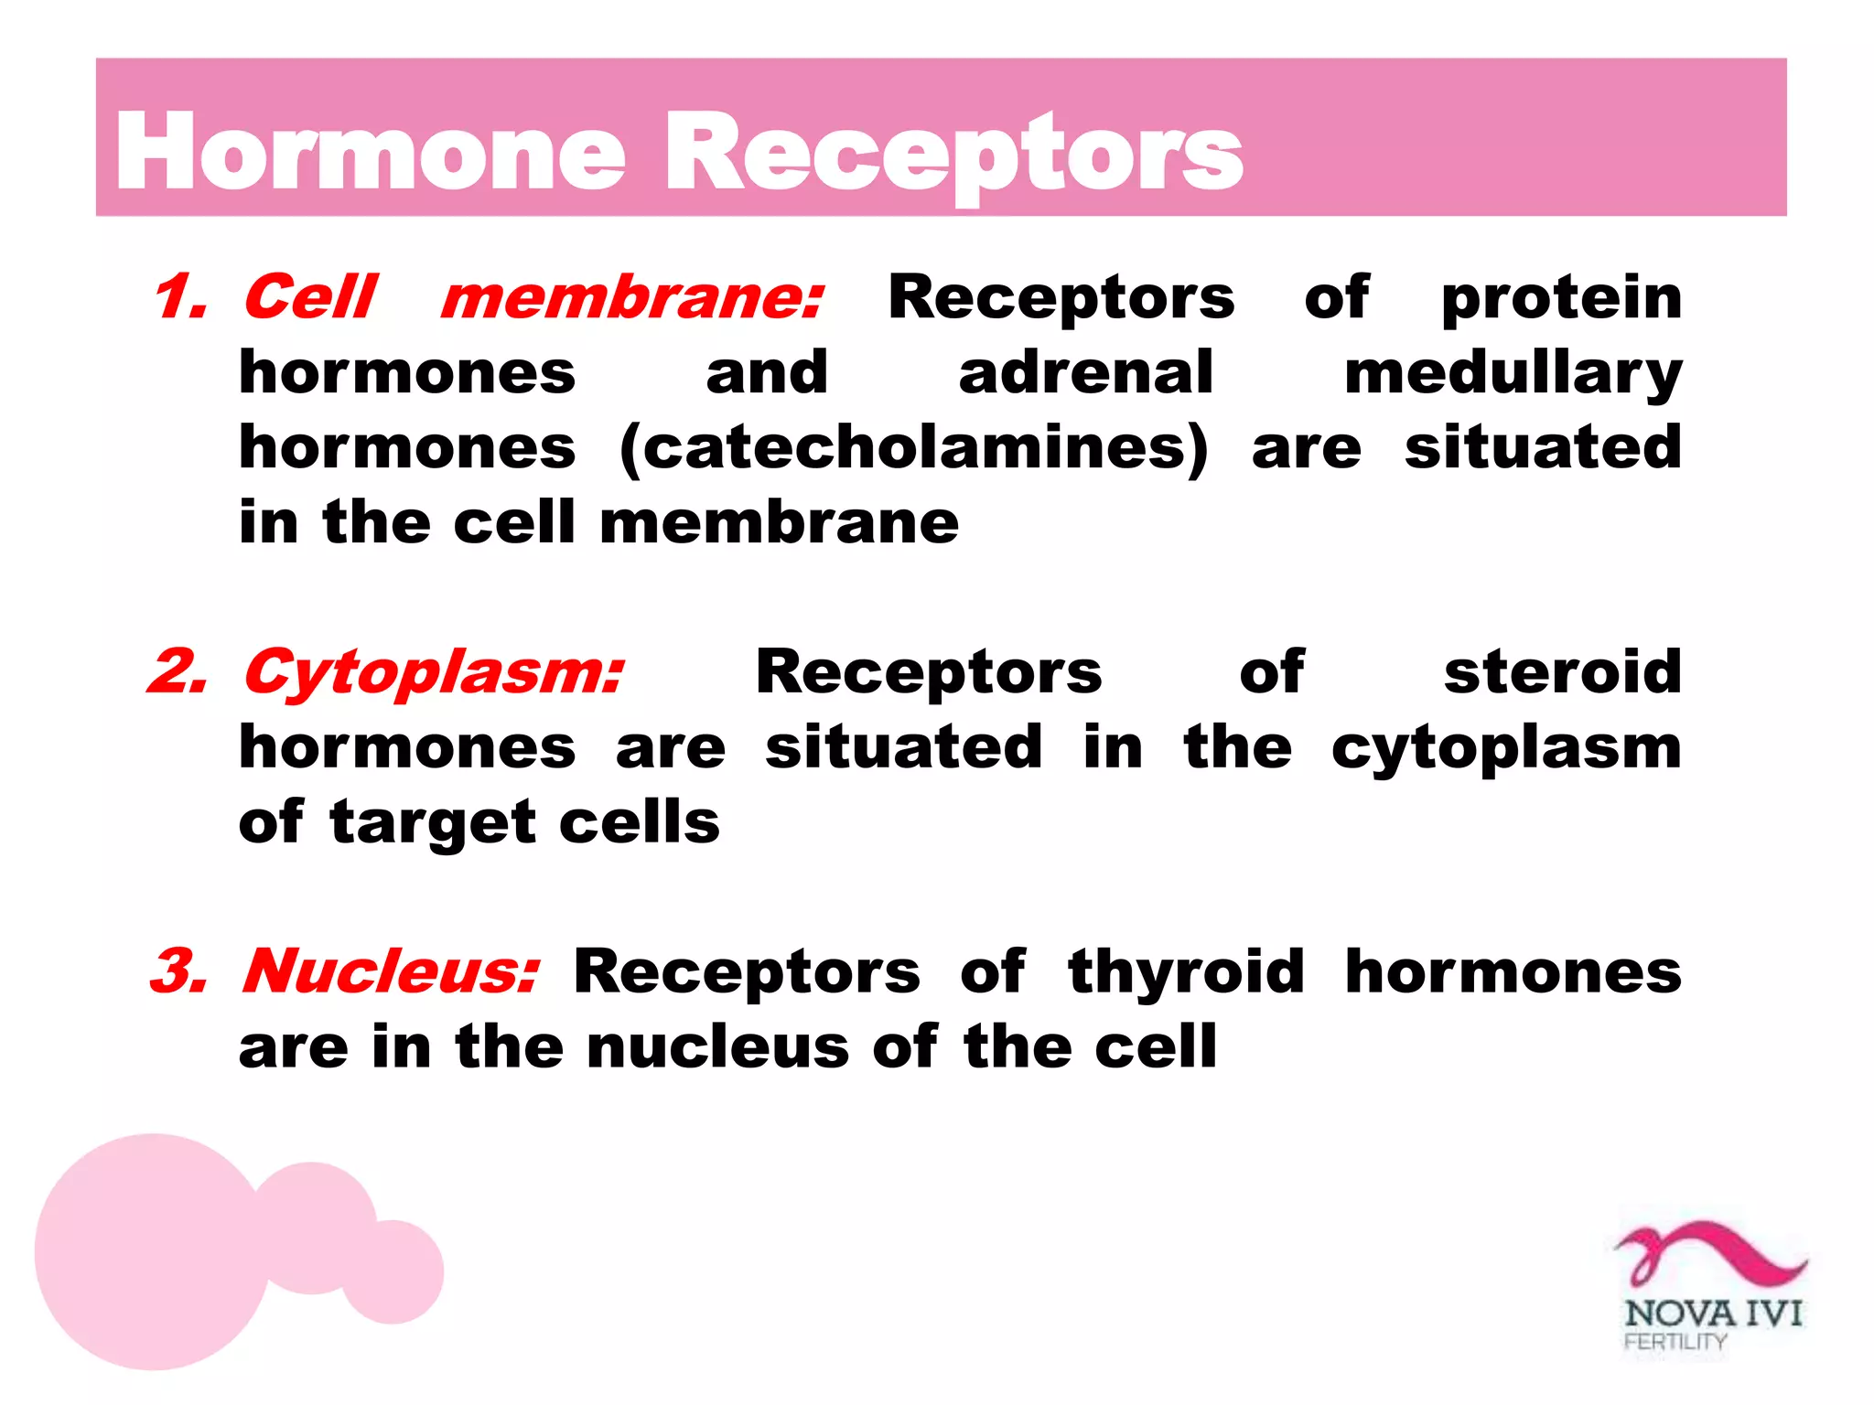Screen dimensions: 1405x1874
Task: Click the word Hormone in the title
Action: point(370,153)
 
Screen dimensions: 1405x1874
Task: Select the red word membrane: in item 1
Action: point(632,298)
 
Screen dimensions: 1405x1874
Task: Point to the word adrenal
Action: point(1085,373)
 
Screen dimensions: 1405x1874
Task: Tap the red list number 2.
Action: point(178,672)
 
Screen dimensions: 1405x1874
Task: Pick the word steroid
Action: point(1563,672)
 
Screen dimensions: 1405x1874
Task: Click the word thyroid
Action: point(1186,971)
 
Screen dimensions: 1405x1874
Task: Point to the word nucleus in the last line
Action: point(717,1047)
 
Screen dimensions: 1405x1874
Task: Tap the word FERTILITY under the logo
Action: point(1675,1342)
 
